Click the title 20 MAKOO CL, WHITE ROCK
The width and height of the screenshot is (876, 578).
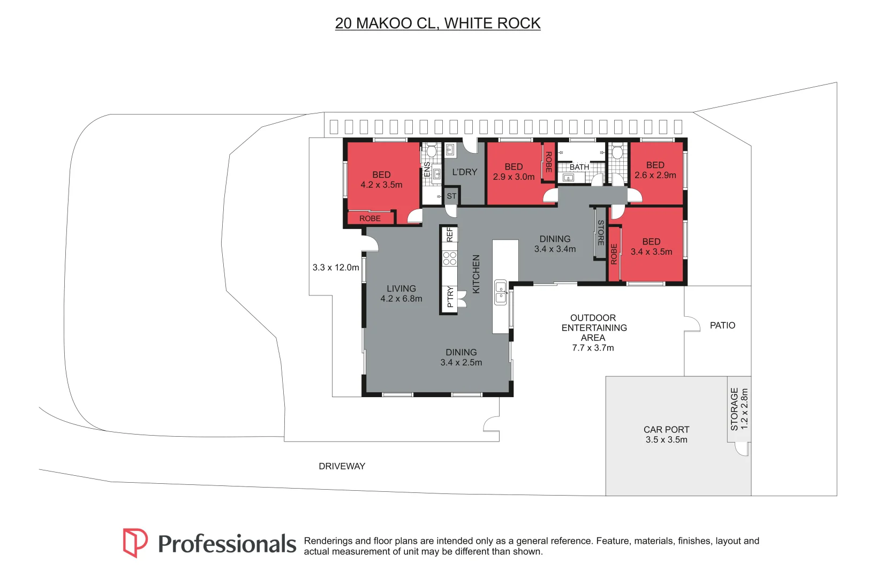[437, 23]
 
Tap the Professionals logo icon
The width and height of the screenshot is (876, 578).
[135, 543]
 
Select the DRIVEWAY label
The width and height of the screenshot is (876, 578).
[342, 466]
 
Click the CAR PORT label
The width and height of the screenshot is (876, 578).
[667, 430]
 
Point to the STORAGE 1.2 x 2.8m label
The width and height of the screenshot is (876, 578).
[739, 409]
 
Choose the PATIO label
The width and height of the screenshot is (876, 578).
[722, 325]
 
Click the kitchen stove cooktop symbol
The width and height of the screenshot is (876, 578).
[450, 258]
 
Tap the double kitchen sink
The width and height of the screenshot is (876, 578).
[501, 293]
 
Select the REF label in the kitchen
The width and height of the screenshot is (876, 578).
[450, 235]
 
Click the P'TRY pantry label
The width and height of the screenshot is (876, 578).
[450, 297]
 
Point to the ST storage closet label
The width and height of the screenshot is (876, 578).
[451, 196]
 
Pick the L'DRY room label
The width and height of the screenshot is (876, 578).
[465, 172]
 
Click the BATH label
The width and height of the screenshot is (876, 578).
[579, 168]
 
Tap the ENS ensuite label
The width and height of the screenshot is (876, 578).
[427, 169]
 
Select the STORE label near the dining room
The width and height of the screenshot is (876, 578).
[601, 233]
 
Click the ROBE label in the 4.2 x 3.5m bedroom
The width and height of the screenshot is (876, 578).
[370, 218]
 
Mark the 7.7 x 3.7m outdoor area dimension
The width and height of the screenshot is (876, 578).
[593, 348]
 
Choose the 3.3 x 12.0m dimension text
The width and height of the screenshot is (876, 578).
[336, 268]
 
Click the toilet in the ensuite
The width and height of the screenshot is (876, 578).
[432, 150]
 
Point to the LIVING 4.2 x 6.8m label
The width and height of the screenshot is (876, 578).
[401, 293]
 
